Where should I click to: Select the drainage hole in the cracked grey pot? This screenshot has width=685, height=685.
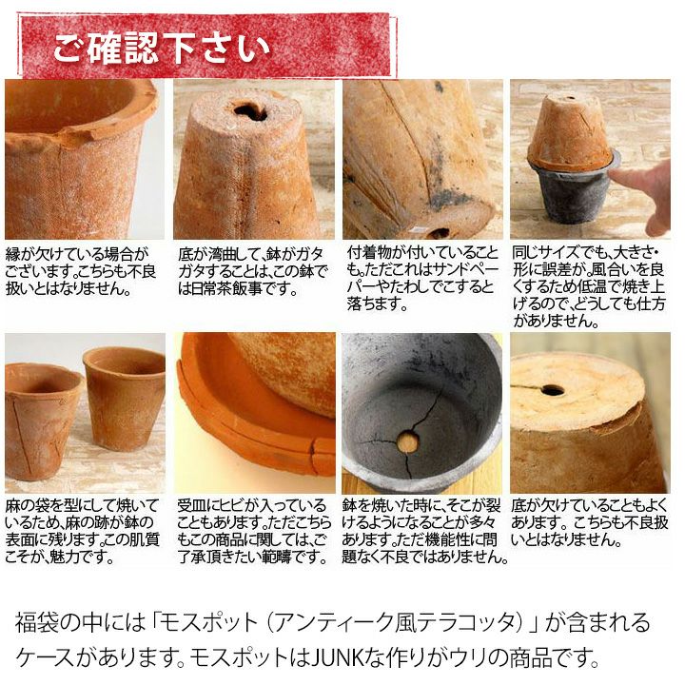click(407, 441)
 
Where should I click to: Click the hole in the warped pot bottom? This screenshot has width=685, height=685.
click(251, 111)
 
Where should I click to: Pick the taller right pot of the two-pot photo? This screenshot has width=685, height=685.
click(124, 399)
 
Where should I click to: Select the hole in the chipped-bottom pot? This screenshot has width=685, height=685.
click(552, 390)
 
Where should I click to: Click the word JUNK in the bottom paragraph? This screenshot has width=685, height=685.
click(337, 657)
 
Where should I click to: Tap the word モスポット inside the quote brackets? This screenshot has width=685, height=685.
click(209, 623)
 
